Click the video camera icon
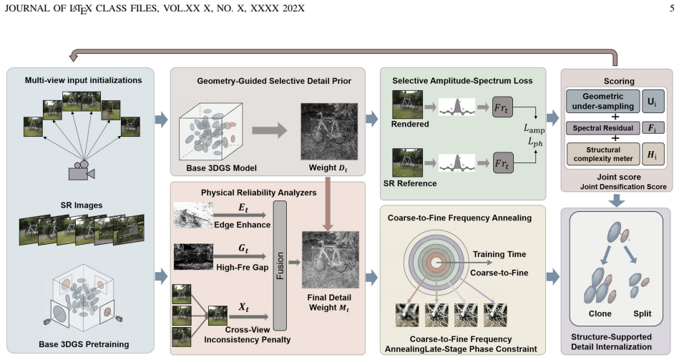[82, 170]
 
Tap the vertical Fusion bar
[280, 266]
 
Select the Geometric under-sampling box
[602, 102]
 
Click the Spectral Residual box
[602, 128]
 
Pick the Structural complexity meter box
[602, 154]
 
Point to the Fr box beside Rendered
[502, 107]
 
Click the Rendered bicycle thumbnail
[407, 104]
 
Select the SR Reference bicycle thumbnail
[407, 162]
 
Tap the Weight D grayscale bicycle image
[329, 131]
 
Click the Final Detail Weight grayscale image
[331, 260]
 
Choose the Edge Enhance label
[242, 225]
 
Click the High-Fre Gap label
[242, 267]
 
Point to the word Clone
[600, 313]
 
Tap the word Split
[643, 313]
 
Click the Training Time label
[499, 254]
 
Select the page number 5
[672, 9]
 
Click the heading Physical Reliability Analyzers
[258, 193]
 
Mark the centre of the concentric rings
[436, 262]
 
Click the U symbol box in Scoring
[652, 102]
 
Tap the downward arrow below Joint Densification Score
[617, 200]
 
